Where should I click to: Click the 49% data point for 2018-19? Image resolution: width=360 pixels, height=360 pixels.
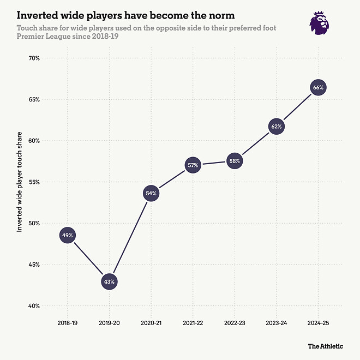click(67, 235)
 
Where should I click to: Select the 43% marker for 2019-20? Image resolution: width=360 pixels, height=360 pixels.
click(109, 281)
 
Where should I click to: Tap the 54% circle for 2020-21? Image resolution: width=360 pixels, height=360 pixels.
click(151, 193)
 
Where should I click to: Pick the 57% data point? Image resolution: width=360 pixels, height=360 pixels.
click(193, 165)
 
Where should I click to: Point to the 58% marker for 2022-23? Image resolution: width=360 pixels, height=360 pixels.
click(234, 161)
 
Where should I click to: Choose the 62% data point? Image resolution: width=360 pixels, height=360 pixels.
click(276, 127)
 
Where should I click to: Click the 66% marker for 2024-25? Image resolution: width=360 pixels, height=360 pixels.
click(318, 87)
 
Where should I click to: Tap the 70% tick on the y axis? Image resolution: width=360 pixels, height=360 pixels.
click(34, 58)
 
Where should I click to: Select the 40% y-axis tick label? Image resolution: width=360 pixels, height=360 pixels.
click(34, 306)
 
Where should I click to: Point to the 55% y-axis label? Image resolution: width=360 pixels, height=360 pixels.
click(34, 182)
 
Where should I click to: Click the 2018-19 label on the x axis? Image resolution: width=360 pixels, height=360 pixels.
click(67, 323)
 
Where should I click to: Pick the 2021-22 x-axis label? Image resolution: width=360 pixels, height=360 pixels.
click(193, 323)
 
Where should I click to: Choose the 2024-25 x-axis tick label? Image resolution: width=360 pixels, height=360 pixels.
click(318, 323)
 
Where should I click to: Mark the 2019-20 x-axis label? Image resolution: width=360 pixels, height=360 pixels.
click(109, 323)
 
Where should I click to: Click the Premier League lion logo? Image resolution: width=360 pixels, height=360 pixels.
click(319, 23)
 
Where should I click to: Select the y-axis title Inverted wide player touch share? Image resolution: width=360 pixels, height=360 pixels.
click(20, 182)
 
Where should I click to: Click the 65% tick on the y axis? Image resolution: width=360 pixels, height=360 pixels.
click(34, 100)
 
